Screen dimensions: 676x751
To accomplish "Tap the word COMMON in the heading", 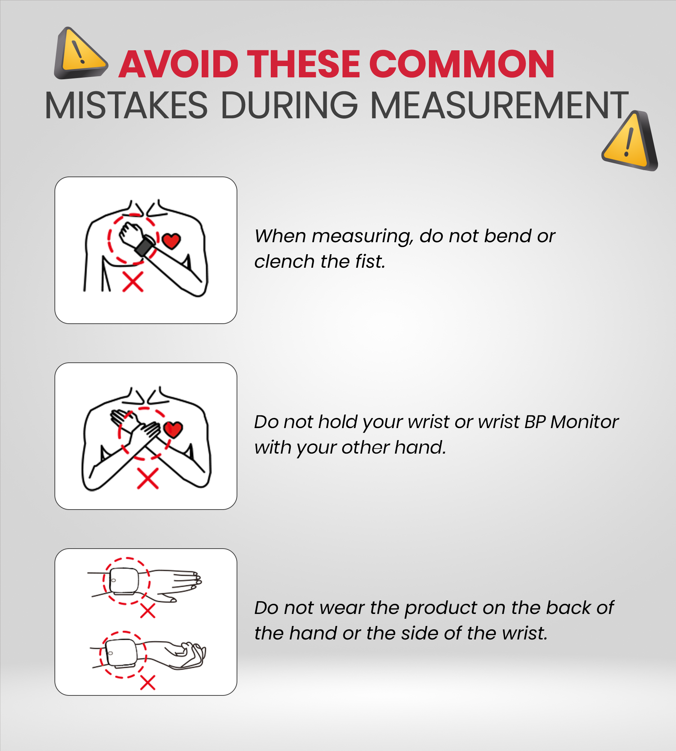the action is point(462,64).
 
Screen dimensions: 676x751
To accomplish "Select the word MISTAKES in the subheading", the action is point(126,106).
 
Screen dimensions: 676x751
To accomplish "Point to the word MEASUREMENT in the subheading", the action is point(500,106).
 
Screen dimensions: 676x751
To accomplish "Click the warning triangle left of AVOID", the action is point(81,53).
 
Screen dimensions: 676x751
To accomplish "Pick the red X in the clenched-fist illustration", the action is point(133,282).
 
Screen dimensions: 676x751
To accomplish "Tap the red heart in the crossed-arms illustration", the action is point(173,430).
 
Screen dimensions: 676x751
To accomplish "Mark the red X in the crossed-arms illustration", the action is point(148,478).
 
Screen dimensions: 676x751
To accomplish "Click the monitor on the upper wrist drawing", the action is point(124,581).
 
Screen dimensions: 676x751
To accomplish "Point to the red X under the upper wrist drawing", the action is point(148,611).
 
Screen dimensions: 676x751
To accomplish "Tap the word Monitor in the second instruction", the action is point(584,422).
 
